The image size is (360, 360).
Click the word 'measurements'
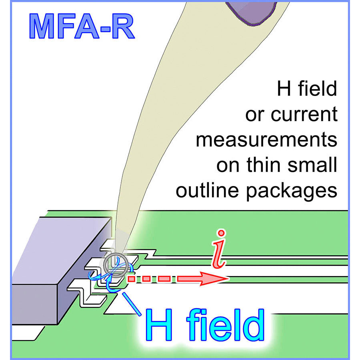click(266, 141)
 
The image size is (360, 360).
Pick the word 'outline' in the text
click(208, 191)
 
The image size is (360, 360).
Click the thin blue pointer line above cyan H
click(133, 303)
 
